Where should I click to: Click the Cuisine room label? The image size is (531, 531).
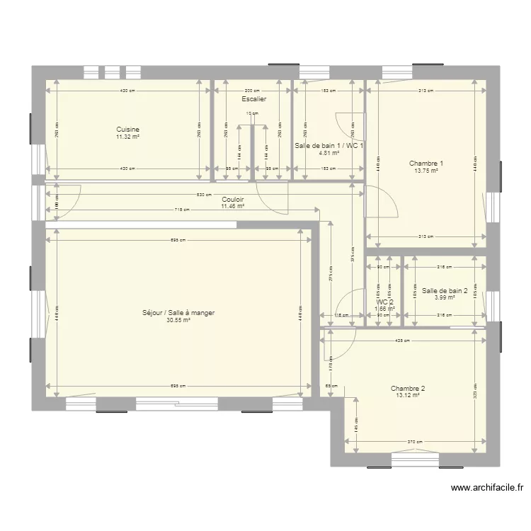[x=128, y=130]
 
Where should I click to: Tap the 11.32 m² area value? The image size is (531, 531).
[x=128, y=137]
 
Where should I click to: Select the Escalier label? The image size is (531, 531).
[x=253, y=100]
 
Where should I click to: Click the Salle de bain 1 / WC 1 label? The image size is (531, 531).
[x=329, y=146]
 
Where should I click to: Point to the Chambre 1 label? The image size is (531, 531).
[x=426, y=164]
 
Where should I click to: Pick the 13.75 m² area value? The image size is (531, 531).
[x=426, y=171]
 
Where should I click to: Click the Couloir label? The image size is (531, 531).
[x=233, y=200]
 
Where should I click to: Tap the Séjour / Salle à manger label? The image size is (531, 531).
[x=178, y=312]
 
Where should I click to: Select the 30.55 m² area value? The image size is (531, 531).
[x=178, y=320]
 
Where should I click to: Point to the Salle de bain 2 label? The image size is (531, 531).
[x=445, y=290]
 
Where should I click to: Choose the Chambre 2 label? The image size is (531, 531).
[x=408, y=388]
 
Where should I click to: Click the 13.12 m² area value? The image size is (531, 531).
[x=408, y=396]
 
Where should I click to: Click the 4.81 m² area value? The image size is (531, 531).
[x=329, y=153]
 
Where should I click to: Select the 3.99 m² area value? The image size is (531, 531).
[x=445, y=297]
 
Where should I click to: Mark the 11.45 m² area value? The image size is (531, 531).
[x=233, y=206]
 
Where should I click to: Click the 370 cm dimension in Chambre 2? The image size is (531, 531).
[x=416, y=442]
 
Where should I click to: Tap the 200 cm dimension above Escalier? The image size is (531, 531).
[x=253, y=91]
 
